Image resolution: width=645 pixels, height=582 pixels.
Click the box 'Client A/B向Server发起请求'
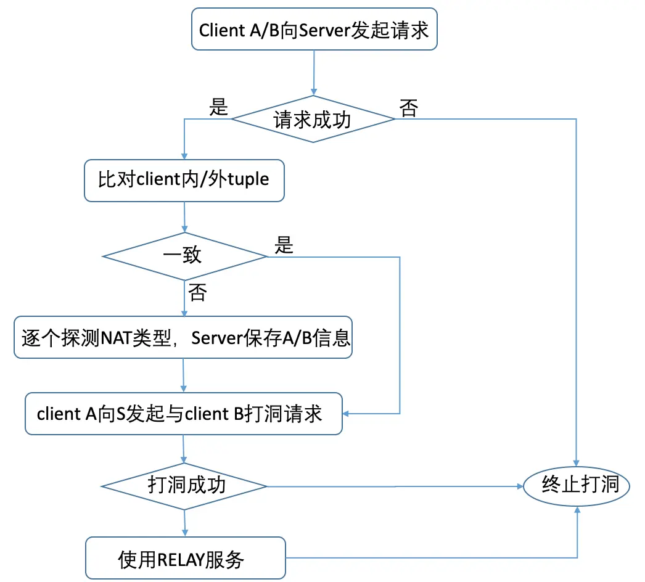[x=314, y=30]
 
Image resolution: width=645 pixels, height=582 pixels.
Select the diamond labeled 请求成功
[x=313, y=119]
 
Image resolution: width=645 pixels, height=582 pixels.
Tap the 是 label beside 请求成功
[x=219, y=108]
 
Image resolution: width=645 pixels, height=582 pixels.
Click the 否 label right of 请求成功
[x=408, y=109]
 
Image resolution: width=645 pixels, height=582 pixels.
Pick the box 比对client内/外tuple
[x=184, y=180]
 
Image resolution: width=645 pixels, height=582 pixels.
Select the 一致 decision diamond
[x=184, y=255]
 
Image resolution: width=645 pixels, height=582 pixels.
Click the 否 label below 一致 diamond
[x=197, y=293]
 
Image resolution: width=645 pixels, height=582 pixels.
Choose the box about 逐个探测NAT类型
[x=183, y=338]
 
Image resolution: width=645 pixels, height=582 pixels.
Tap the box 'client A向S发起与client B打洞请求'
[x=183, y=414]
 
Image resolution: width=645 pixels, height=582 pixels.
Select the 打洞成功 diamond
[x=184, y=486]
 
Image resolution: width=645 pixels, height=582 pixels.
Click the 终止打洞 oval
[x=577, y=486]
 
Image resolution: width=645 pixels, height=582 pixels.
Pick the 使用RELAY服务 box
[x=185, y=559]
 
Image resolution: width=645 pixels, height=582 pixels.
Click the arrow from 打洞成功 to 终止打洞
[x=395, y=486]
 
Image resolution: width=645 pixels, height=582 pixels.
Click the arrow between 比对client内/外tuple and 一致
[x=184, y=217]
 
